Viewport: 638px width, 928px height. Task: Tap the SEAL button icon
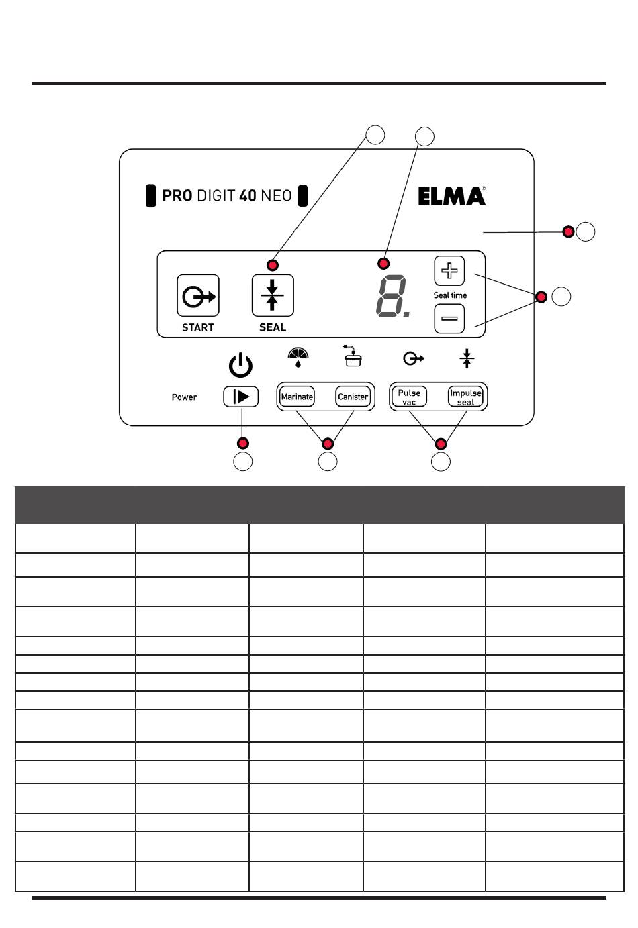[273, 295]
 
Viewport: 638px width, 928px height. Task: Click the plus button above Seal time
[449, 271]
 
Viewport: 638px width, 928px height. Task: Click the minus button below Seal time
[449, 318]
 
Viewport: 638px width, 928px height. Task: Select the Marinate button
[297, 397]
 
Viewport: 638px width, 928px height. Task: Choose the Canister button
[353, 397]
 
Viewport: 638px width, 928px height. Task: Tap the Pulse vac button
[409, 397]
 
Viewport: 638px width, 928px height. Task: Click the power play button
[241, 397]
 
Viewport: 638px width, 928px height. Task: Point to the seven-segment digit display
[391, 297]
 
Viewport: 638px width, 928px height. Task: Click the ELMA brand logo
[451, 196]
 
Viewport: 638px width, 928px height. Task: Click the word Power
[184, 397]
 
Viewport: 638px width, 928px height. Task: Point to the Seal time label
[450, 295]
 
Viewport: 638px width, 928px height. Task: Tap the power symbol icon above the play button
[241, 366]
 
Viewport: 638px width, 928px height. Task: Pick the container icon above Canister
[353, 356]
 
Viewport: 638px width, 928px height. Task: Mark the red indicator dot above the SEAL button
[273, 264]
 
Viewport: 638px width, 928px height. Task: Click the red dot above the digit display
[383, 263]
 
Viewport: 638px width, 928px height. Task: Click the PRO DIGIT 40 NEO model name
[227, 196]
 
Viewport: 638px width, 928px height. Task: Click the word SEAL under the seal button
[273, 327]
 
